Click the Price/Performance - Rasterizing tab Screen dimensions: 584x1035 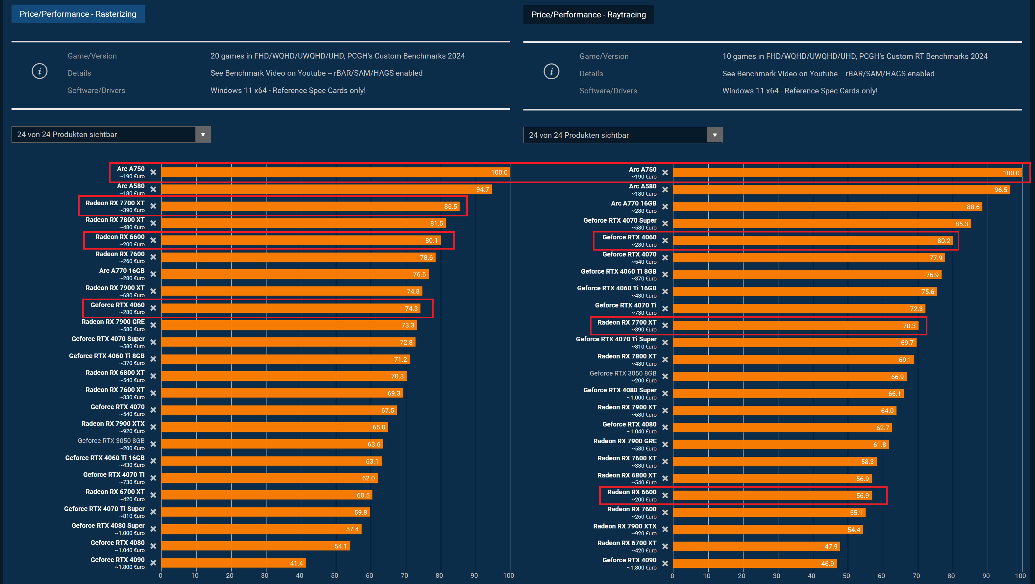(x=78, y=14)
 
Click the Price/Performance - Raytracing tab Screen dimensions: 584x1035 (x=588, y=15)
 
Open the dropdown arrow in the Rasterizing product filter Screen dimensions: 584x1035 (x=203, y=134)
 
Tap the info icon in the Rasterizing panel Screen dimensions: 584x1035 (x=39, y=71)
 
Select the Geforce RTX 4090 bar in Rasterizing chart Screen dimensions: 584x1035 (x=233, y=563)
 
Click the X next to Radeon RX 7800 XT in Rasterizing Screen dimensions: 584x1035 (x=153, y=223)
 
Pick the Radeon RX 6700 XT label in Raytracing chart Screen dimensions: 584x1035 (x=626, y=543)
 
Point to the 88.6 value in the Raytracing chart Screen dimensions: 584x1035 (x=973, y=207)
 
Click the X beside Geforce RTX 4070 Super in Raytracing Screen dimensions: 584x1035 (x=665, y=224)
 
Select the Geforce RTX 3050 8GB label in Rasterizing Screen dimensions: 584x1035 (x=111, y=441)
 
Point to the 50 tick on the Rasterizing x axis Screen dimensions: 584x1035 (x=334, y=575)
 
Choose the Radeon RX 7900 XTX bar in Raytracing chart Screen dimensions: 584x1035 (x=768, y=530)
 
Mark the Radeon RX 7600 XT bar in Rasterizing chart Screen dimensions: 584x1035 (x=281, y=393)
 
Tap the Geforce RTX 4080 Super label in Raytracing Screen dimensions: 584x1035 (x=619, y=390)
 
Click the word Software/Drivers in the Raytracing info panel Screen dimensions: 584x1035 (x=608, y=91)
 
